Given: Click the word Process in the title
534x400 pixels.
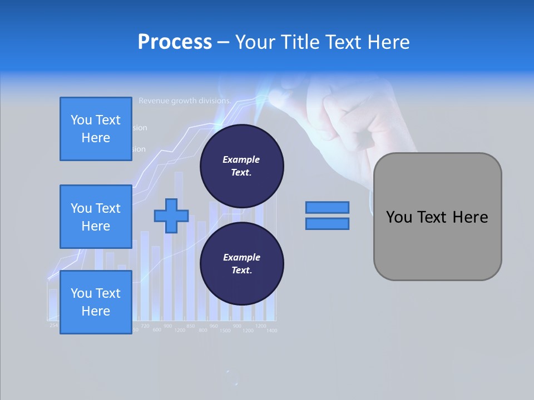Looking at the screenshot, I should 175,42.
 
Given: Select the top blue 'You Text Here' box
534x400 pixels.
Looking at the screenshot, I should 96,129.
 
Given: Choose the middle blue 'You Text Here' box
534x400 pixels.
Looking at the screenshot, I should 96,217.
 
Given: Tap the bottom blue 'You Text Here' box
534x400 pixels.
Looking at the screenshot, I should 96,302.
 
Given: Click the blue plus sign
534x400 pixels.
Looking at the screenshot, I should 171,216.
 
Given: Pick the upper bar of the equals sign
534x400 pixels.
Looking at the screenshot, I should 327,208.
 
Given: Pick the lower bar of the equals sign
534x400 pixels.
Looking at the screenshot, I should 327,224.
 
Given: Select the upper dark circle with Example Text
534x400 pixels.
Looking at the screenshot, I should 241,166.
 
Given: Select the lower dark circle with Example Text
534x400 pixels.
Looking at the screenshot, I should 241,263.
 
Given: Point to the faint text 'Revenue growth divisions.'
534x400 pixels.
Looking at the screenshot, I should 185,101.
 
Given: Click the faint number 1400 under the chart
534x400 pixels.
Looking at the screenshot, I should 271,331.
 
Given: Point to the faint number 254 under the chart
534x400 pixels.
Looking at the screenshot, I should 53,325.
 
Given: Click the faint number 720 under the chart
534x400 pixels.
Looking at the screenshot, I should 145,326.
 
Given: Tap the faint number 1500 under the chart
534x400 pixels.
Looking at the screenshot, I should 225,331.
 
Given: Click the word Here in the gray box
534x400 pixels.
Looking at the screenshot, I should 470,217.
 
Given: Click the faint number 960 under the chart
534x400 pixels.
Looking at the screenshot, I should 214,326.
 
